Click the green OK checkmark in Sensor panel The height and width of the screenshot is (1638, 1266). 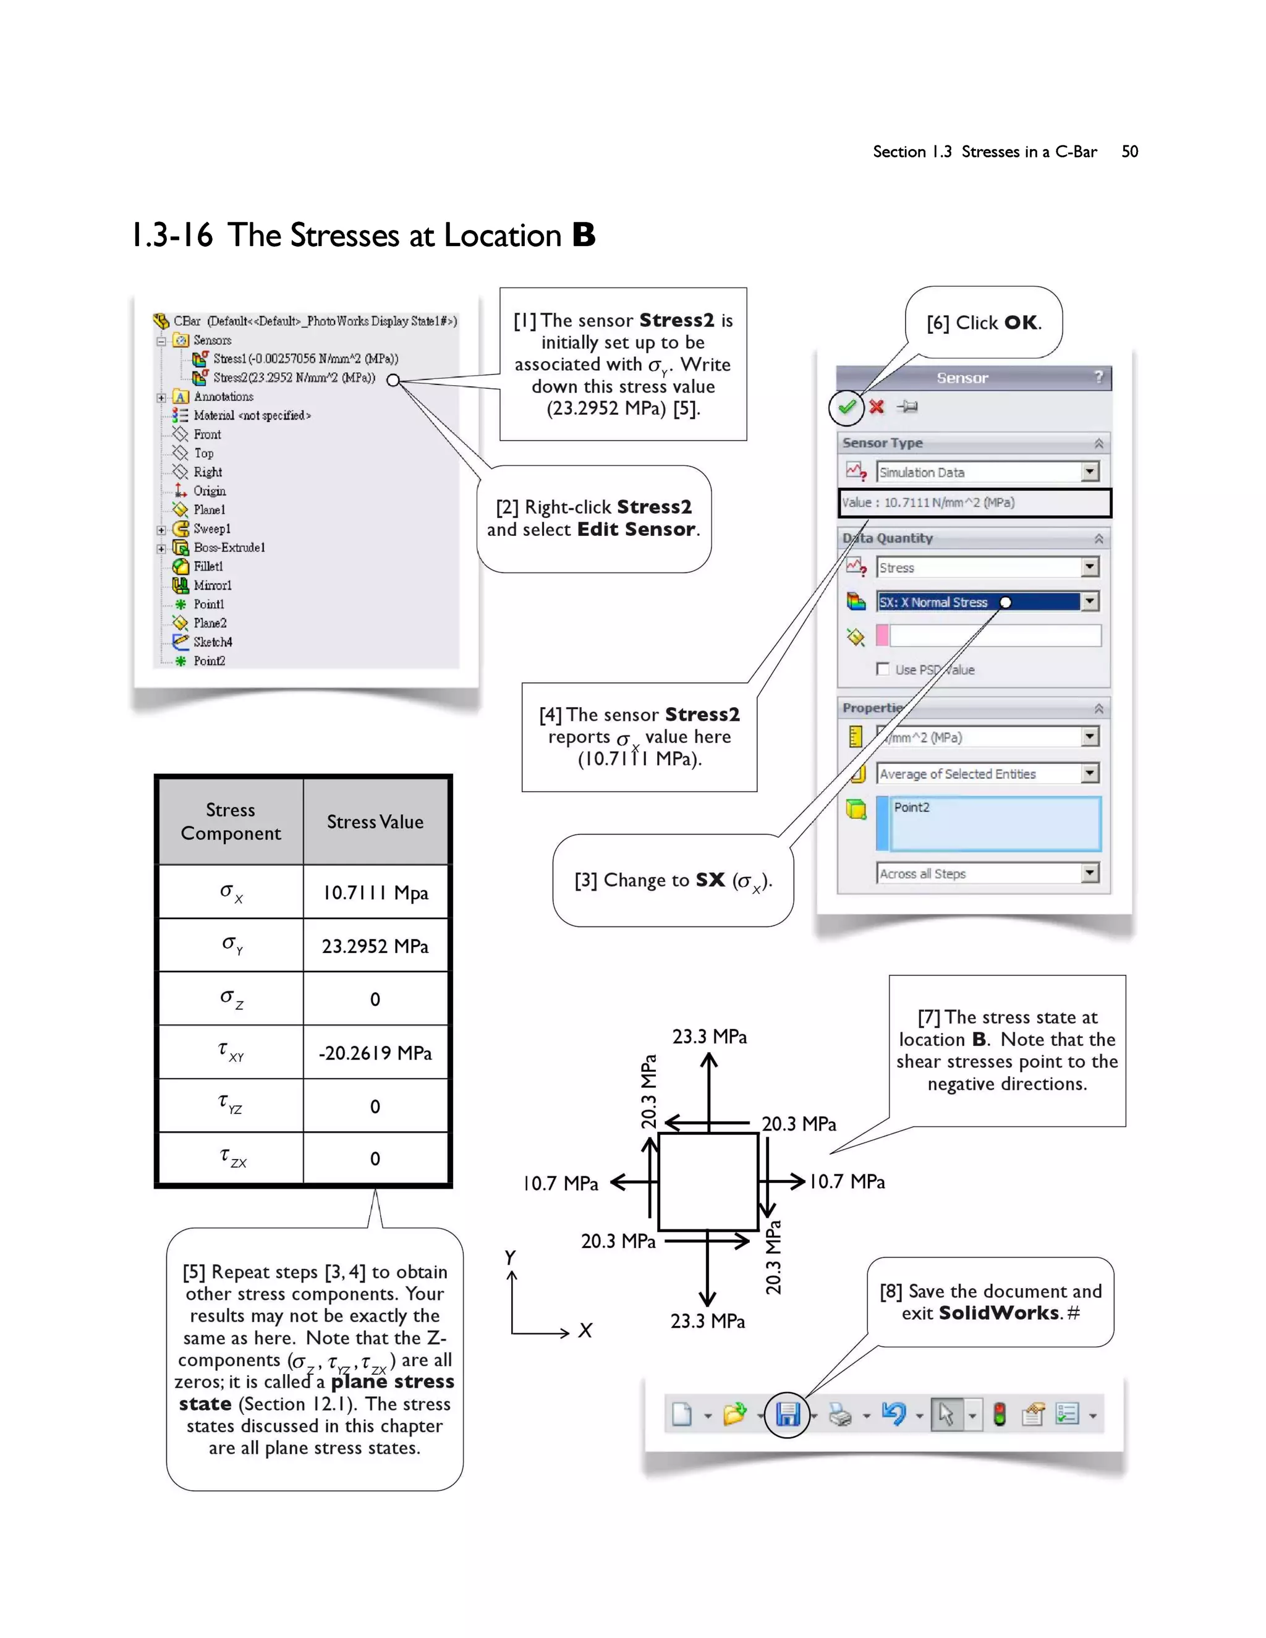coord(847,407)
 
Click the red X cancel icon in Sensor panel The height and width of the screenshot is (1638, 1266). coord(876,407)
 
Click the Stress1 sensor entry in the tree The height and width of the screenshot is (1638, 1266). coord(305,359)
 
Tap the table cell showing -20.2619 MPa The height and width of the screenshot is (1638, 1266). coord(375,1053)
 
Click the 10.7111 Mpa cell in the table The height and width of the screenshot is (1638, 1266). coord(375,893)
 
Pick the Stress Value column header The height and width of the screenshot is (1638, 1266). coord(375,822)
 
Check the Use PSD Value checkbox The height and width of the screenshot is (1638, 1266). coord(883,669)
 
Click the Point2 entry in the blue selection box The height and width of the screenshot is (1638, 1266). coord(911,808)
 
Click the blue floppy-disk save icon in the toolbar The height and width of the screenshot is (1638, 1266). coord(788,1414)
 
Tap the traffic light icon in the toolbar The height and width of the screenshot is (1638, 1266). coord(999,1414)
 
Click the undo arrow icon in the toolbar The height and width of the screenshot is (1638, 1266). coord(893,1414)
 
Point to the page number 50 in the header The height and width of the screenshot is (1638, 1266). coord(1129,151)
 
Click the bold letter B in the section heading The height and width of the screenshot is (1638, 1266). coord(584,236)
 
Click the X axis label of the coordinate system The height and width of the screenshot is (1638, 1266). coord(585,1331)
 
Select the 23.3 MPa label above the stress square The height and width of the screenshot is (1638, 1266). coord(709,1037)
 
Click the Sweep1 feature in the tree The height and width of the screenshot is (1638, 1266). coord(211,528)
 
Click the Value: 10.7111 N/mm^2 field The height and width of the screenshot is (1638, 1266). coord(974,503)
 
